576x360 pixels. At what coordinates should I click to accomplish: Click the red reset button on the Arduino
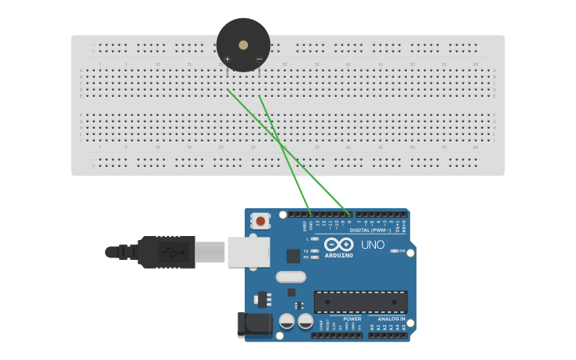260,220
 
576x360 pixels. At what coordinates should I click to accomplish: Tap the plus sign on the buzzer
227,59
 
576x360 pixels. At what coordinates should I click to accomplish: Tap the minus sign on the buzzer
258,59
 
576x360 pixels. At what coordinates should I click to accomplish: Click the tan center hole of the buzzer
243,45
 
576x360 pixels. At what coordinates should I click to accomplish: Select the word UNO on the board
373,245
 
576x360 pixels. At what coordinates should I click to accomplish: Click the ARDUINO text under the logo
338,255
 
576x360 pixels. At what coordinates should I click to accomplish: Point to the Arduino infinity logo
338,244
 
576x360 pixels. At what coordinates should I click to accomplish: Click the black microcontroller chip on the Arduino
360,301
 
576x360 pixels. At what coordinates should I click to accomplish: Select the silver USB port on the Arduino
249,251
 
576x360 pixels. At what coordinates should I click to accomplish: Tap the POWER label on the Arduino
352,319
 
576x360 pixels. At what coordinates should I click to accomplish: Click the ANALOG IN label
391,319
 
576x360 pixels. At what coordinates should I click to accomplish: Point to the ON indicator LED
394,251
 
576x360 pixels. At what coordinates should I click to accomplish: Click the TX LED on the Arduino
315,250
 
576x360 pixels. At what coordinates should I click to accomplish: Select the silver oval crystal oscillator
291,277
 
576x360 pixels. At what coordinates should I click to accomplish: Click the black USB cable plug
166,252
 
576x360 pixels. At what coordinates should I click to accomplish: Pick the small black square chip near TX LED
294,255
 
